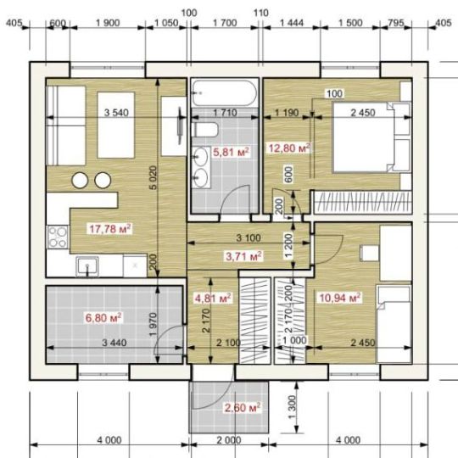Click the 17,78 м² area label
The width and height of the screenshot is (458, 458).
pyautogui.click(x=110, y=229)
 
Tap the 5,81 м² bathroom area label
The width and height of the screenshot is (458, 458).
pyautogui.click(x=231, y=152)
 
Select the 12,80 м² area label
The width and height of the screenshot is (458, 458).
pyautogui.click(x=289, y=148)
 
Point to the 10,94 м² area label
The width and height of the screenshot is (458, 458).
pyautogui.click(x=340, y=298)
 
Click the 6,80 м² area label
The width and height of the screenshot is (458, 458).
pyautogui.click(x=103, y=318)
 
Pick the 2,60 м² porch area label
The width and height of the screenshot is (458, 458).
pyautogui.click(x=243, y=407)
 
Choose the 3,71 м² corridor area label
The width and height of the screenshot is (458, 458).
pyautogui.click(x=244, y=256)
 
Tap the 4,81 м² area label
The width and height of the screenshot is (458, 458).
pyautogui.click(x=213, y=299)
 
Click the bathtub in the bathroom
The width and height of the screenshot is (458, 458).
pyautogui.click(x=225, y=93)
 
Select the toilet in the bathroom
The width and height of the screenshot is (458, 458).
pyautogui.click(x=206, y=130)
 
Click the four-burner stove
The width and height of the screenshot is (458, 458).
pyautogui.click(x=58, y=237)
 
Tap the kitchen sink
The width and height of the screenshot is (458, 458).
pyautogui.click(x=87, y=266)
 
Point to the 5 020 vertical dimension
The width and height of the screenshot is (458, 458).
pyautogui.click(x=153, y=177)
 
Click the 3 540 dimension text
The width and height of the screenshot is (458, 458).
pyautogui.click(x=116, y=113)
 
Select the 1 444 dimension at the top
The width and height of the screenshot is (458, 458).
pyautogui.click(x=292, y=23)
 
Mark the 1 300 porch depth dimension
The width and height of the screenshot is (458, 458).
pyautogui.click(x=292, y=407)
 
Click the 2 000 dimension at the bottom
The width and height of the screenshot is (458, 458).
pyautogui.click(x=229, y=440)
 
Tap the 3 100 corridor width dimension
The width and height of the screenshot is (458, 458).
pyautogui.click(x=249, y=238)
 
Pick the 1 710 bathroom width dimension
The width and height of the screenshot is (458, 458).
pyautogui.click(x=225, y=113)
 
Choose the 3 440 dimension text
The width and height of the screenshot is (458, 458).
pyautogui.click(x=114, y=343)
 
